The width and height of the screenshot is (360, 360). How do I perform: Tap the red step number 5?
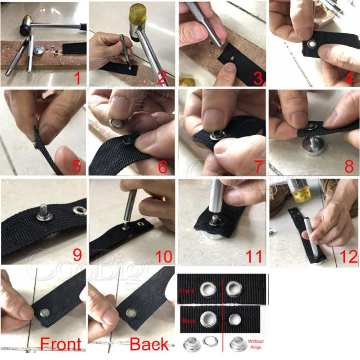[76, 167]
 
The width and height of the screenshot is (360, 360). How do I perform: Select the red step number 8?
[349, 166]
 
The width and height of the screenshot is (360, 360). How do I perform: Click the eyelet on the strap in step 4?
[311, 44]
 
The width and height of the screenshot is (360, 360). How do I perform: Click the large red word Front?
[61, 344]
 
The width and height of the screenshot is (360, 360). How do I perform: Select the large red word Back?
[149, 344]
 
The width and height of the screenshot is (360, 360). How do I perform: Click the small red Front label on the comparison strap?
[187, 291]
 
